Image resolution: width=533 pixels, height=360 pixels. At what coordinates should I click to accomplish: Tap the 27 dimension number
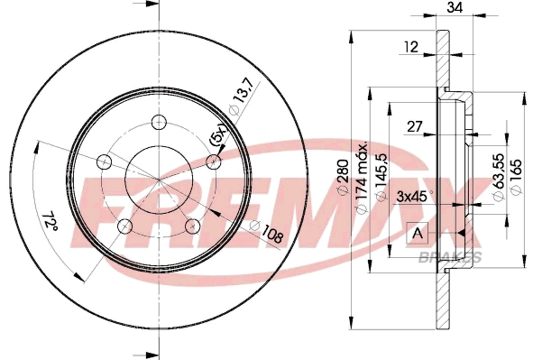tap(414, 128)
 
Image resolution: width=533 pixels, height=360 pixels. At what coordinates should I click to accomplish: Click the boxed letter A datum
tap(417, 233)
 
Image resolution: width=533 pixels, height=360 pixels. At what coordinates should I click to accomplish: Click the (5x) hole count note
tap(216, 138)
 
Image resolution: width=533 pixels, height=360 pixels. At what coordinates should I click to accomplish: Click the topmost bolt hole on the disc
tap(159, 123)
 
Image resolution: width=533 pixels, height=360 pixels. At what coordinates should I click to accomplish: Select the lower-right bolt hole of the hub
tap(192, 225)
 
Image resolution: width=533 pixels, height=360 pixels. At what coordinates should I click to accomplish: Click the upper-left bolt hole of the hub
tap(104, 162)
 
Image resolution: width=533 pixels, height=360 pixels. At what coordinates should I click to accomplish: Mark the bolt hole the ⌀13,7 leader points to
tap(214, 162)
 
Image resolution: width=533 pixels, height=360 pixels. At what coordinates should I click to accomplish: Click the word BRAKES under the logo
tap(448, 257)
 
